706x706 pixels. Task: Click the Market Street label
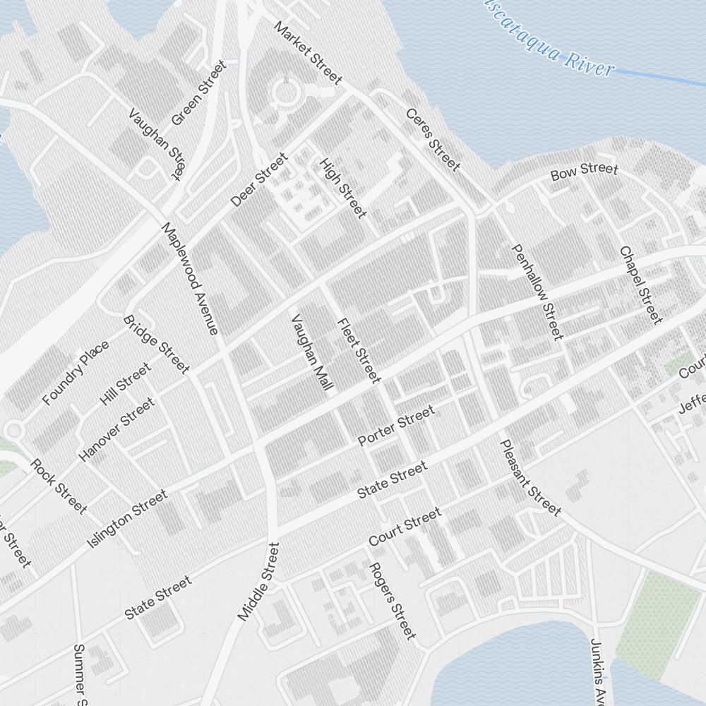tap(308, 53)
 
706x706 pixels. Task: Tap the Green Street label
tap(198, 92)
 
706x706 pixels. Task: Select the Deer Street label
tap(259, 180)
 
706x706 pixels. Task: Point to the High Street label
tap(343, 187)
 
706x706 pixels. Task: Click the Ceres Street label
tap(432, 140)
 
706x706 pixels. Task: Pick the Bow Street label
tap(584, 171)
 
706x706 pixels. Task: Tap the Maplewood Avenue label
tap(190, 278)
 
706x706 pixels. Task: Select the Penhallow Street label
tap(538, 291)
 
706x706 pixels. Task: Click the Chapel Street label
tap(641, 284)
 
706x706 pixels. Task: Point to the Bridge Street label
tap(156, 344)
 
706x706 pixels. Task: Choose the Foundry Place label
tap(76, 373)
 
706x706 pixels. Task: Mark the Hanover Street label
tap(116, 429)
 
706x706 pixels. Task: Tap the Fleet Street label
tap(359, 350)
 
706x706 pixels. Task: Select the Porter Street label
tap(396, 426)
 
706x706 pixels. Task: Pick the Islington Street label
tap(127, 520)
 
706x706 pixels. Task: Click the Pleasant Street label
tap(529, 477)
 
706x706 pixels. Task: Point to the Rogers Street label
tap(393, 601)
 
